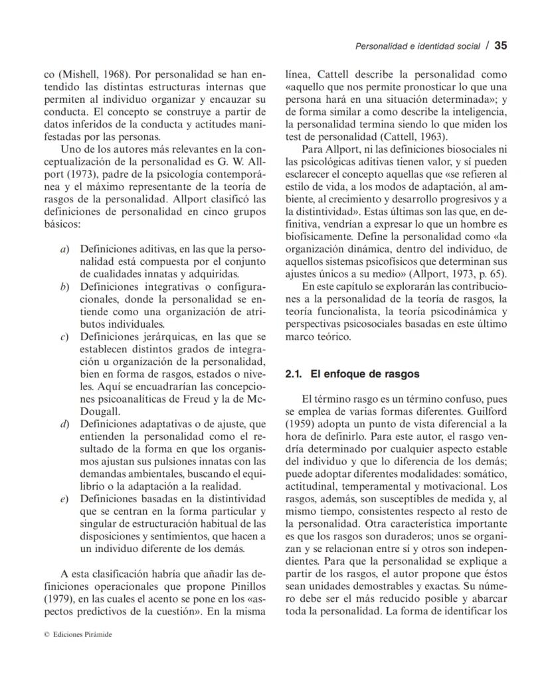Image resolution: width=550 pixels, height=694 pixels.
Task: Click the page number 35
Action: coord(501,46)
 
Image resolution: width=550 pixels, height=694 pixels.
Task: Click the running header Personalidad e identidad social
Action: coord(417,46)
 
